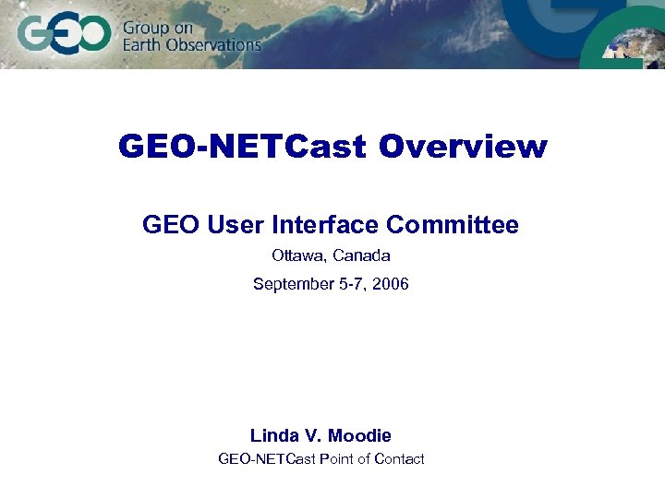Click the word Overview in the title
[463, 147]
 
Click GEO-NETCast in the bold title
[242, 147]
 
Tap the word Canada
[361, 255]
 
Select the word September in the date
[292, 284]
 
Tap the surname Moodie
[360, 435]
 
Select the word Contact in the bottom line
[398, 459]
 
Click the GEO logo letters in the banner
[63, 36]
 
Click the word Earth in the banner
[143, 44]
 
